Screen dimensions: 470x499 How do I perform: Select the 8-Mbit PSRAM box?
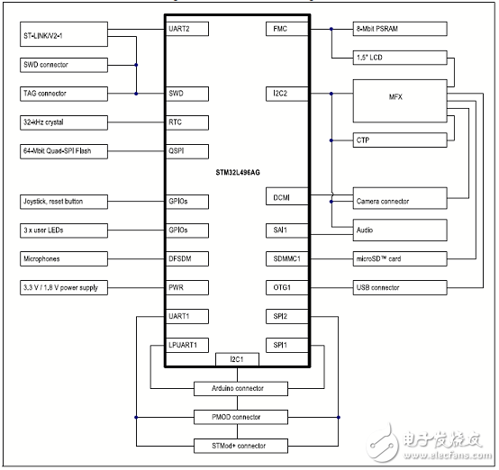(399, 29)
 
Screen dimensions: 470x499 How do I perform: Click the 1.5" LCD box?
(399, 58)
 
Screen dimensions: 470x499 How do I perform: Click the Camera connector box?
(399, 201)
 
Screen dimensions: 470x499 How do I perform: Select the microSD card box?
(399, 258)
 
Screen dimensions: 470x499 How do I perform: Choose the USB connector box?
(399, 287)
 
